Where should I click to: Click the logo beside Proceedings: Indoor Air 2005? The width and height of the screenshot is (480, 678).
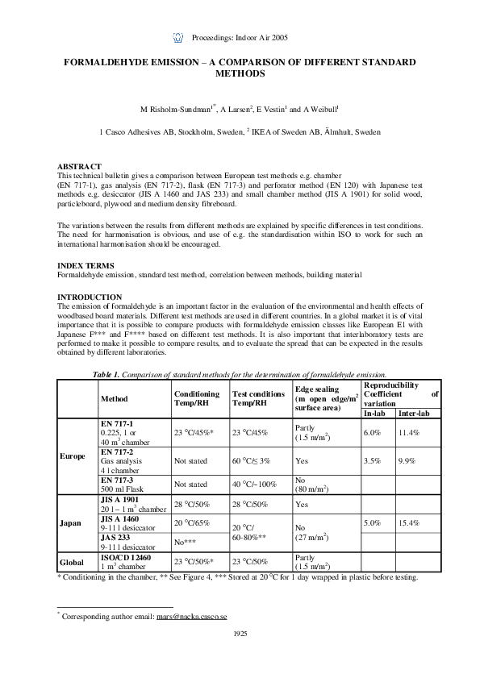178,37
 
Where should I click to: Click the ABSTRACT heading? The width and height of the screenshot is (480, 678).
79,166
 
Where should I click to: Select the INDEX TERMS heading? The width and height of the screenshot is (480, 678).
85,265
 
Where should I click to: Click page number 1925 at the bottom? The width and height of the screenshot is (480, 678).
240,634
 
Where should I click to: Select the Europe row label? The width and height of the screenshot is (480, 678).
73,455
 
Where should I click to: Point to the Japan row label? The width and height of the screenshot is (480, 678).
70,522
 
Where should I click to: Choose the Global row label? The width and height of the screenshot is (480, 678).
73,561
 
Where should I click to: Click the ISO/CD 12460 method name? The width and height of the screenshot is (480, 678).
125,557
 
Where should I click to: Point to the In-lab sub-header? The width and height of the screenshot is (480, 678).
374,413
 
